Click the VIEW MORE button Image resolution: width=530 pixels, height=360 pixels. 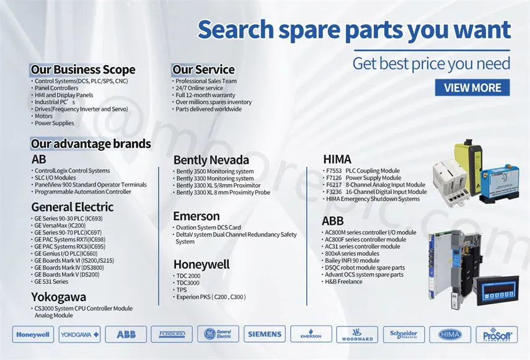pos(472,88)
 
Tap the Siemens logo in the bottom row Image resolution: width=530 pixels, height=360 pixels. pos(265,335)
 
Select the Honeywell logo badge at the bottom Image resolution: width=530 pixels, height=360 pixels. pos(33,335)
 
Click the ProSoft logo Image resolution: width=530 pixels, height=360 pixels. pos(497,335)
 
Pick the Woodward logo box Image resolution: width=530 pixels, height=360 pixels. pos(357,335)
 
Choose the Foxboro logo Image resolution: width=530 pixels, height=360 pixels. pos(172,335)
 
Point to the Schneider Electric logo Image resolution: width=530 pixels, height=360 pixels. pos(404,335)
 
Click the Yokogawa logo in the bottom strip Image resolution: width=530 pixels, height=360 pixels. pos(79,335)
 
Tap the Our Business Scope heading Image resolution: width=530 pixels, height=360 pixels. pos(83,69)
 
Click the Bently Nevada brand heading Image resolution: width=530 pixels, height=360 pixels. pos(211,160)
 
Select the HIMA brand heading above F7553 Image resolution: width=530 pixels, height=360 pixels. pos(337,159)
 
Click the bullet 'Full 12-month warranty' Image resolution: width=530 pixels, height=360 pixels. pos(205,95)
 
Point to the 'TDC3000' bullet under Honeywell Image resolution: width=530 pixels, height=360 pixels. pos(188,283)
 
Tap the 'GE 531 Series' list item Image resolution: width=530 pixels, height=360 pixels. pos(51,282)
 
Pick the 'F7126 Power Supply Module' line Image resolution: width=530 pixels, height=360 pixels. pos(363,178)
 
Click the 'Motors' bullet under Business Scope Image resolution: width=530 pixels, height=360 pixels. pos(43,116)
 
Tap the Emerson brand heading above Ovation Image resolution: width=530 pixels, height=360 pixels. pos(197,216)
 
